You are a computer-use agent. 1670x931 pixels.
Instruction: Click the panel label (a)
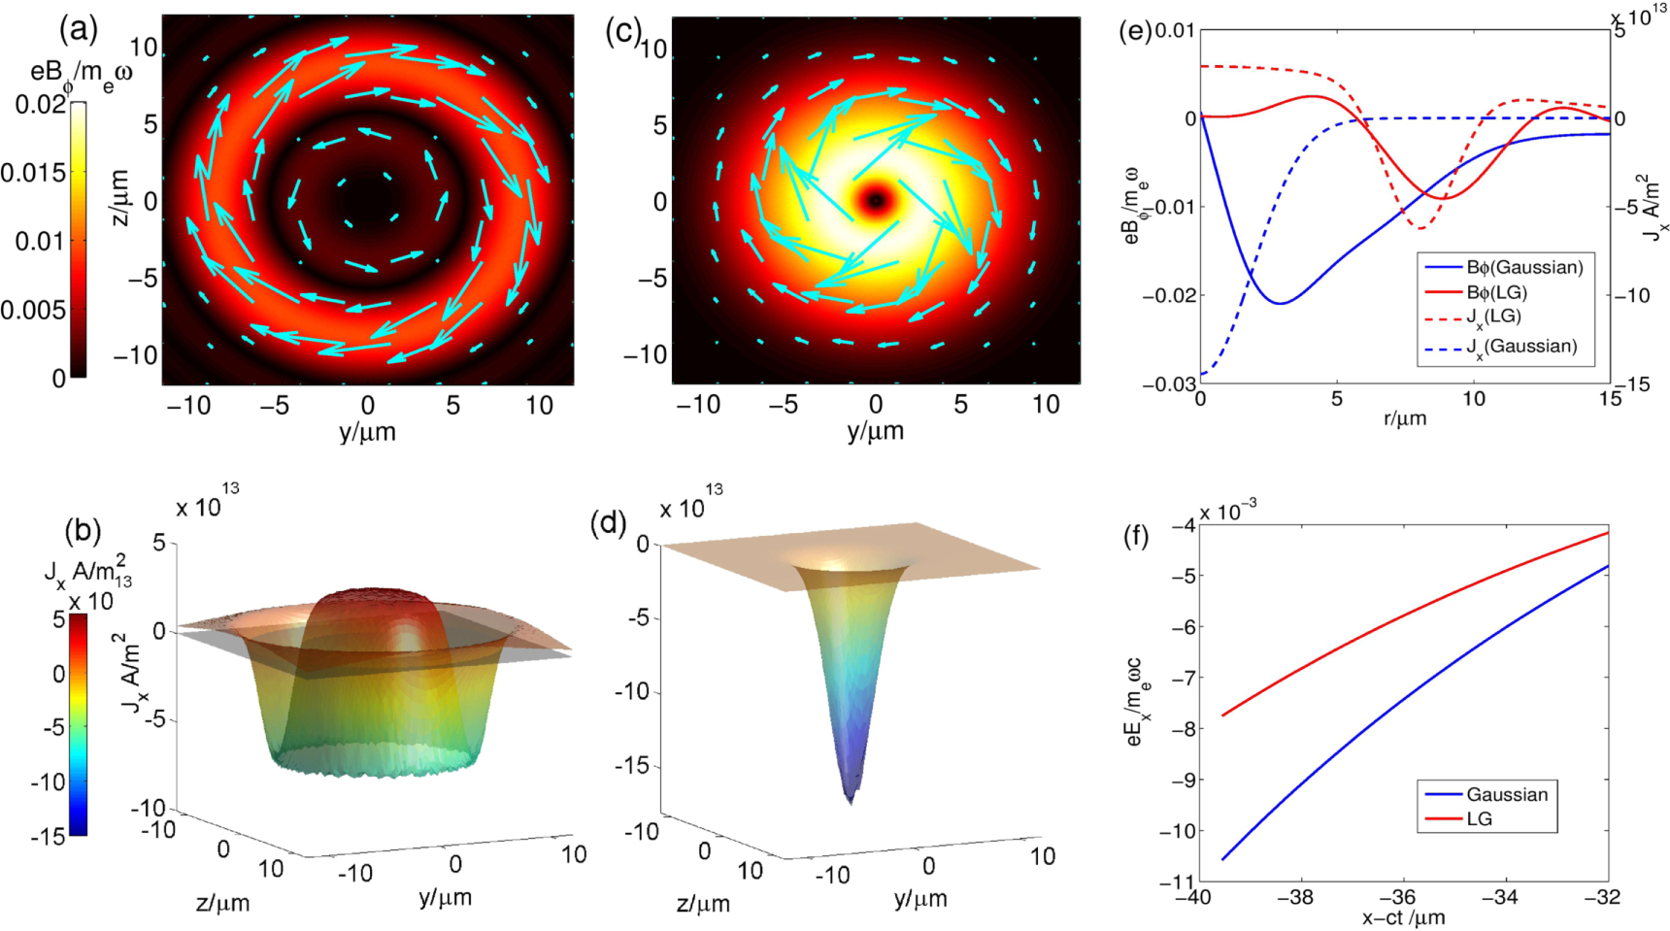point(79,30)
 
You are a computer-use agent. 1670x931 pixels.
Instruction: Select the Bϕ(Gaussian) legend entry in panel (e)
point(1524,267)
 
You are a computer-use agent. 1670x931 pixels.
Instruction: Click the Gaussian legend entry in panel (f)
point(1506,794)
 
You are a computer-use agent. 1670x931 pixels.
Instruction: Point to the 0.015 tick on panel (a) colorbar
point(33,173)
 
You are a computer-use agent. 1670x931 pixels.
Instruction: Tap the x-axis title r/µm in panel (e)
point(1405,419)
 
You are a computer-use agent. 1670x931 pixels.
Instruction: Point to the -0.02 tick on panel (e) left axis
point(1168,295)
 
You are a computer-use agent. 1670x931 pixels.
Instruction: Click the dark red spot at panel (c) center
point(876,200)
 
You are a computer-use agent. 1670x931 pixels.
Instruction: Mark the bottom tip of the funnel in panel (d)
point(852,802)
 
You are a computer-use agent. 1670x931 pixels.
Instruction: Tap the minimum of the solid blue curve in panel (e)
point(1282,303)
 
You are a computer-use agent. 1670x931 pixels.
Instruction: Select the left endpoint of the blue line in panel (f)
point(1222,859)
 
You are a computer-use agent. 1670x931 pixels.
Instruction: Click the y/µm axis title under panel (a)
point(367,431)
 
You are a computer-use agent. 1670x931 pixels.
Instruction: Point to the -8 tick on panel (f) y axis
point(1184,728)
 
